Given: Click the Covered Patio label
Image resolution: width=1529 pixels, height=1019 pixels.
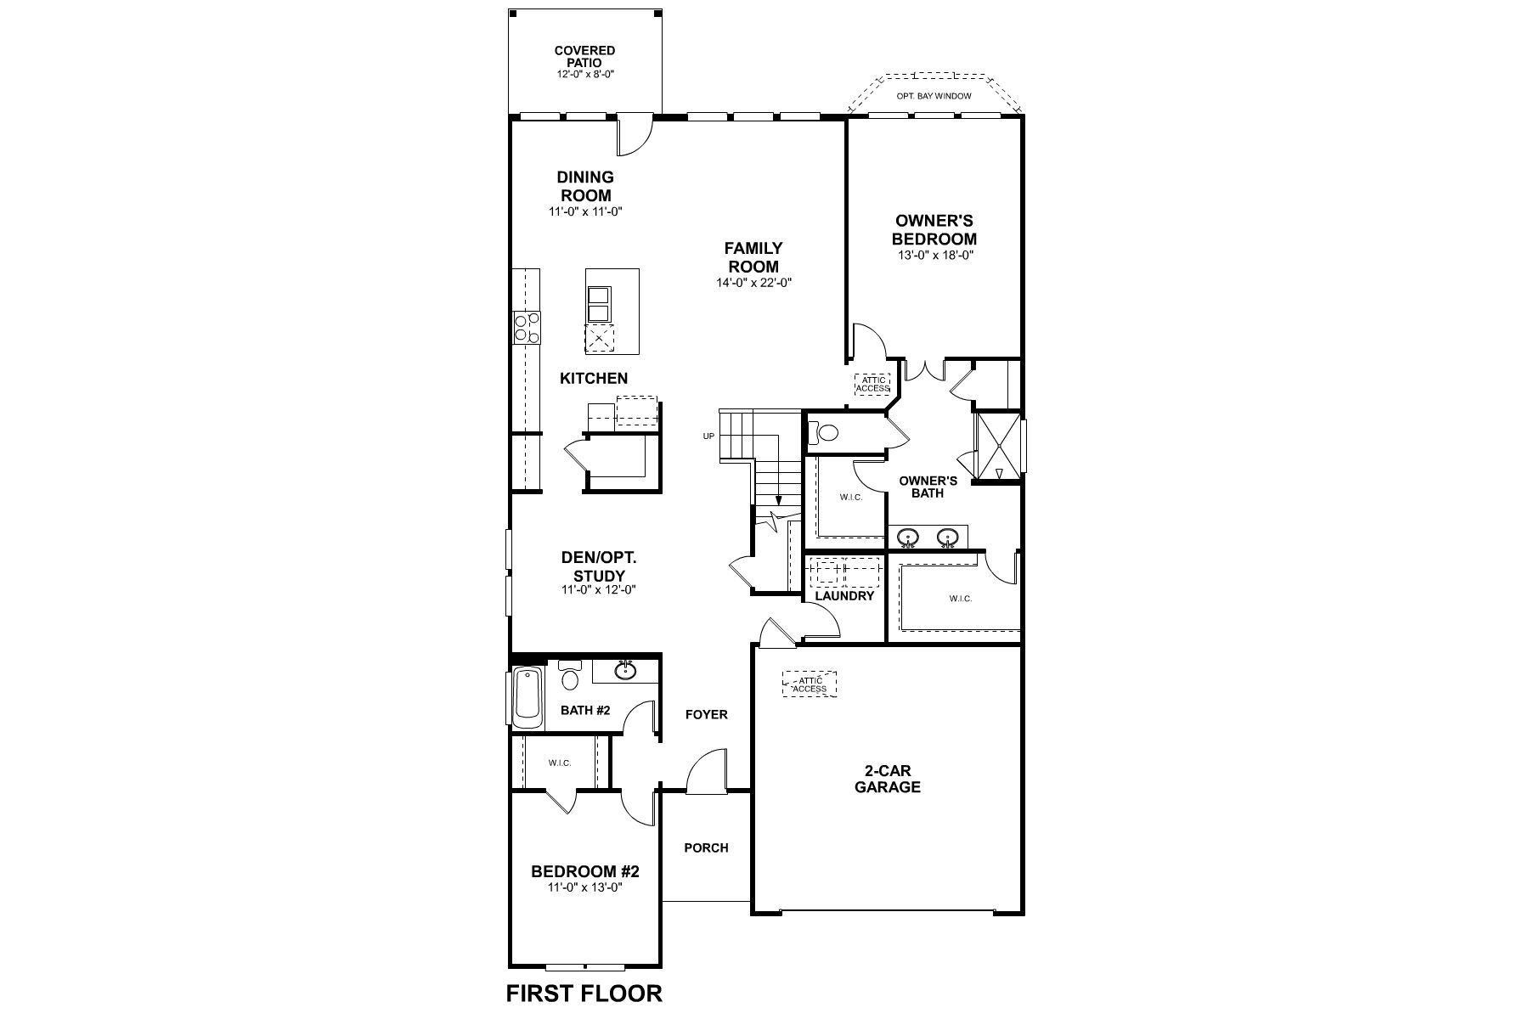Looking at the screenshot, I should pos(584,57).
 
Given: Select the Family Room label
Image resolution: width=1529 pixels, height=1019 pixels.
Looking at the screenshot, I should pos(753,257).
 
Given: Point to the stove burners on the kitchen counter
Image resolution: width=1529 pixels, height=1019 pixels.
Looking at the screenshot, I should pos(527,328).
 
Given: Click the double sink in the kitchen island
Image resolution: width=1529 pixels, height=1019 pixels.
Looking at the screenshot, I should pos(599,304).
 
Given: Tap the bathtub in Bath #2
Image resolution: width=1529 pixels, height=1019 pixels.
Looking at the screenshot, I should pos(528,697).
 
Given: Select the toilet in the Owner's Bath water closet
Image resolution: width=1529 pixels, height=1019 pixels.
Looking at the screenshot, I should pos(825,433).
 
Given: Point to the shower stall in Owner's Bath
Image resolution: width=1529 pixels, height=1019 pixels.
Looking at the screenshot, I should pos(998,448).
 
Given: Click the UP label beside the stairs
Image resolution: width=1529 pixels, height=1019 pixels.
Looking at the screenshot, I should pos(708,436).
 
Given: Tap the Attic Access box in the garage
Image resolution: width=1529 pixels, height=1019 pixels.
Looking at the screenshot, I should pos(810,684).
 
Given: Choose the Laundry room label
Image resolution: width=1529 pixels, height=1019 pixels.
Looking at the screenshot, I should pos(844,596).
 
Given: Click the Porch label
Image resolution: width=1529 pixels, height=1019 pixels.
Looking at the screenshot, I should pos(706,847).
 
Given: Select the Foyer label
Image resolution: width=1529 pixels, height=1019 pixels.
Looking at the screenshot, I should pos(706,715).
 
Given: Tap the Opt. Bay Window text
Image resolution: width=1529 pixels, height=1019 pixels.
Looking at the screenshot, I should pos(934,97).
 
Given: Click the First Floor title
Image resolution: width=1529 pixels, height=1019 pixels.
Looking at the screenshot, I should pos(584,993).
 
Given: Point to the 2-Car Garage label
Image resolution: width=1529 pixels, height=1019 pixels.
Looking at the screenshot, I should pos(887,780).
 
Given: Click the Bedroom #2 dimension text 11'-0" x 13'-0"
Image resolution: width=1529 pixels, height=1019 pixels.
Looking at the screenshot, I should pos(584,887).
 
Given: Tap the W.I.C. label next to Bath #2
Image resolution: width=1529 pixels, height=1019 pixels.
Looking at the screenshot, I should pos(559,763).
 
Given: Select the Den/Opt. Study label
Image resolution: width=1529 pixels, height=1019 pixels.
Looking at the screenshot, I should pos(598,566).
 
